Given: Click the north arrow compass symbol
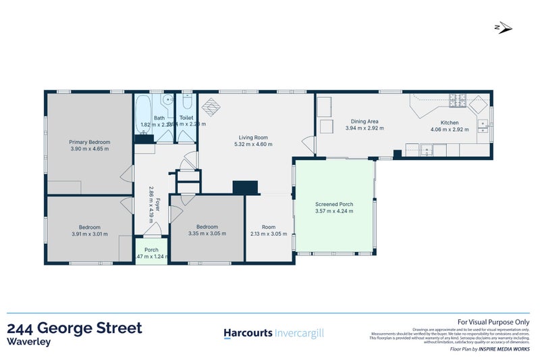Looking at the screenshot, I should click(504, 28).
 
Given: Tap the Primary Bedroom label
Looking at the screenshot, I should click(89, 142).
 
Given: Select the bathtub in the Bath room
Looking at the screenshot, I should click(144, 115).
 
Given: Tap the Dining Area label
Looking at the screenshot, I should click(362, 122).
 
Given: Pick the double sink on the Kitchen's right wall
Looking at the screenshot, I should click(483, 124).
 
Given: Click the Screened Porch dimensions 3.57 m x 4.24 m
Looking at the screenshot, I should click(334, 211).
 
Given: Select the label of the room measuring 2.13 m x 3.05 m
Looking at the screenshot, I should click(269, 226).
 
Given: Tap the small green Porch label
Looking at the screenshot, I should click(151, 249).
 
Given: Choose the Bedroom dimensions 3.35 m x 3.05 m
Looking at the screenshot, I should click(207, 234).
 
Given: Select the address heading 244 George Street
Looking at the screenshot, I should click(74, 328).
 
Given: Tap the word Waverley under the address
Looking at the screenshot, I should click(28, 342).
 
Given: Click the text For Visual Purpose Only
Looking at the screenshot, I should click(493, 323).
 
